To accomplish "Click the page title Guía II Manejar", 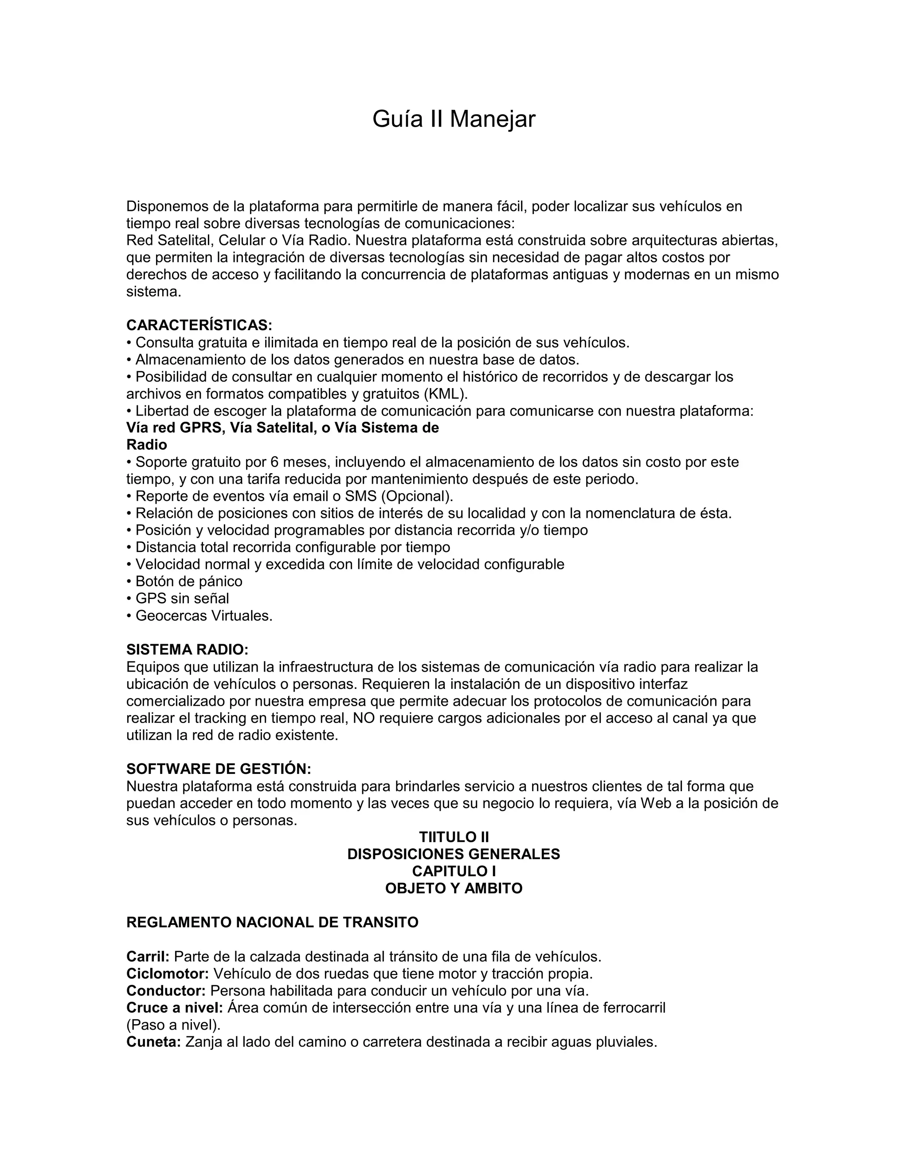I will pyautogui.click(x=454, y=119).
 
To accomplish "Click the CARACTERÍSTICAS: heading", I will pyautogui.click(x=199, y=325).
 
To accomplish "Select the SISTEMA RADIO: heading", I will pyautogui.click(x=187, y=650).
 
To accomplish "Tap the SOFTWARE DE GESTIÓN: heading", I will pyautogui.click(x=219, y=769).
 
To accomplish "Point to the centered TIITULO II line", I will pyautogui.click(x=454, y=837).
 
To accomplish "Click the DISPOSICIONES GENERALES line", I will pyautogui.click(x=454, y=854).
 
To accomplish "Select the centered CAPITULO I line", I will pyautogui.click(x=454, y=871).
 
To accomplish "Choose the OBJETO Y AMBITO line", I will pyautogui.click(x=454, y=889).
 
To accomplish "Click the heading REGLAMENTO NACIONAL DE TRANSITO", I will pyautogui.click(x=272, y=922).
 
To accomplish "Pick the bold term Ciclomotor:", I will pyautogui.click(x=167, y=974).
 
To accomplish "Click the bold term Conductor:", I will pyautogui.click(x=166, y=991).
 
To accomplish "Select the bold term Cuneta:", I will pyautogui.click(x=153, y=1042).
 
